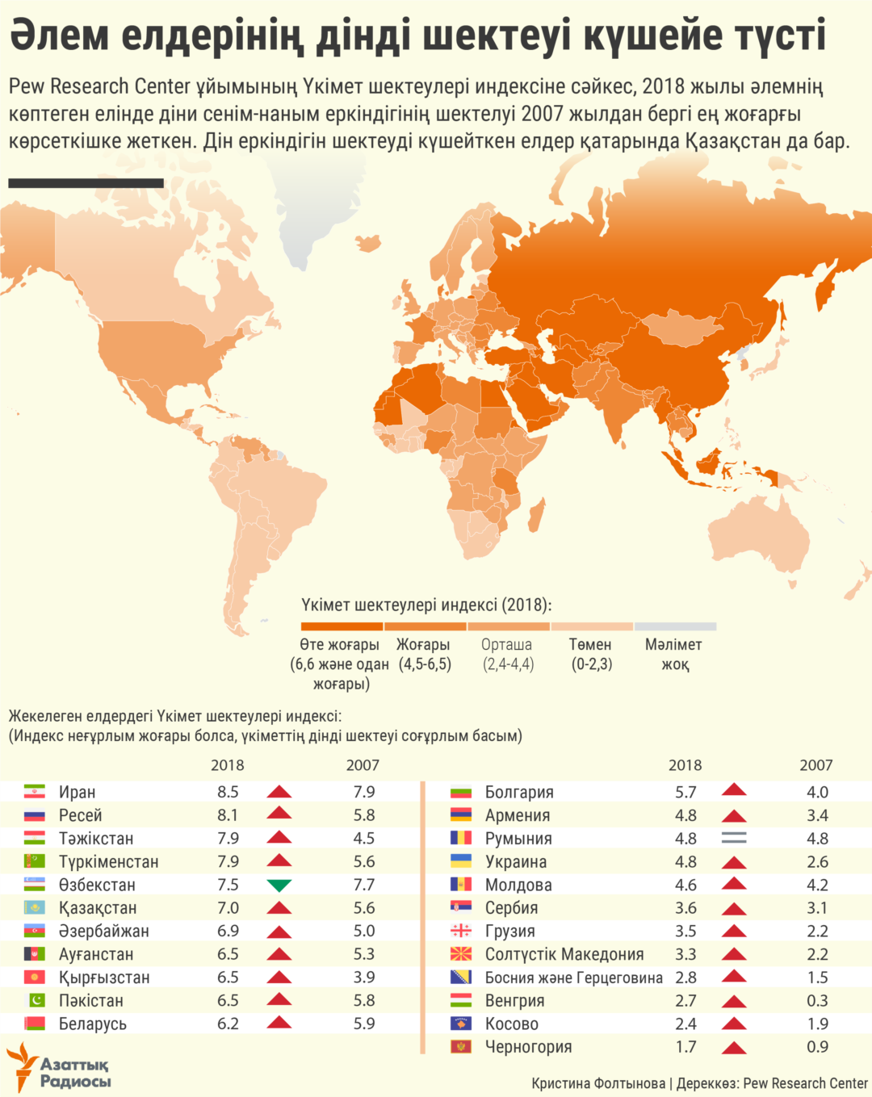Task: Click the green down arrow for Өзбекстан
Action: click(279, 886)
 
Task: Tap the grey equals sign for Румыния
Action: click(734, 839)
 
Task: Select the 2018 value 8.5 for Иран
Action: click(228, 792)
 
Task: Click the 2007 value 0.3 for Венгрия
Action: click(817, 1001)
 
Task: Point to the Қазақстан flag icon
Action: click(35, 908)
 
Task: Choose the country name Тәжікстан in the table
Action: click(96, 839)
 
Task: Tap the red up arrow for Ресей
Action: click(279, 814)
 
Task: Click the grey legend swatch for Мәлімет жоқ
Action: click(675, 626)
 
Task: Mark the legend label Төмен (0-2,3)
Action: click(591, 654)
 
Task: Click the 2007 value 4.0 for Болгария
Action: click(817, 793)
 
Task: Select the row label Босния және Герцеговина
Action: click(573, 978)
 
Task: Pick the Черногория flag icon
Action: click(461, 1047)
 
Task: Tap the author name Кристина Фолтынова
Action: click(598, 1083)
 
